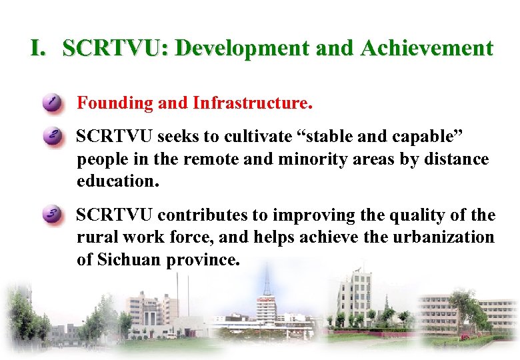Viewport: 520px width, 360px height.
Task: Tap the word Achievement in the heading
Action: click(427, 49)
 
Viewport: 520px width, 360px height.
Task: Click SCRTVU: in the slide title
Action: click(115, 49)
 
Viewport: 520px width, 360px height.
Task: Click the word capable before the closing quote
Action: click(429, 137)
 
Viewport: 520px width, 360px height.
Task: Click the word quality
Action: click(411, 215)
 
